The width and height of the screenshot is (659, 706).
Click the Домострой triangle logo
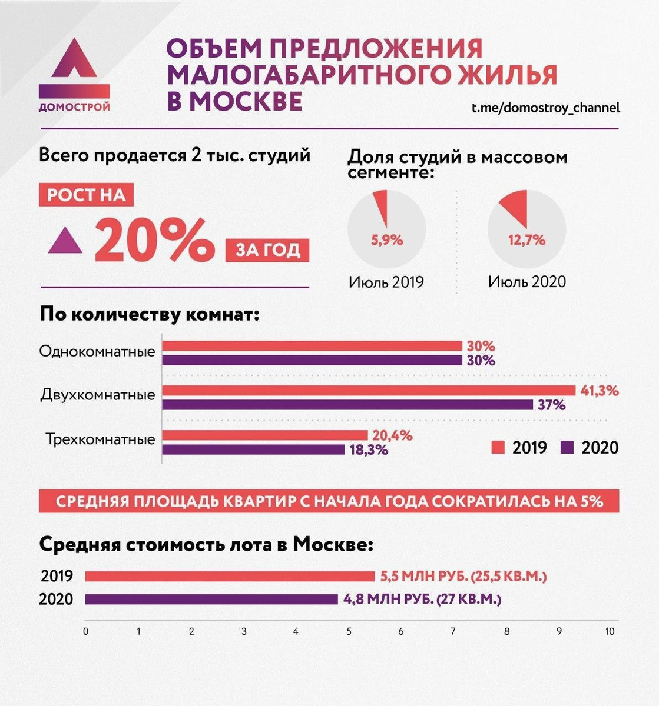(74, 60)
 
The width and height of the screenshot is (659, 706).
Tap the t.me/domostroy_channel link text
(545, 108)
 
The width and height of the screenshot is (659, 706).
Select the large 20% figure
(155, 240)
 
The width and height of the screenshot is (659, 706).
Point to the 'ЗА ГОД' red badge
(267, 250)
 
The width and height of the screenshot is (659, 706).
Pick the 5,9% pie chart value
(386, 240)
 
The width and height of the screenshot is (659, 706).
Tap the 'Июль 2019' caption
(386, 282)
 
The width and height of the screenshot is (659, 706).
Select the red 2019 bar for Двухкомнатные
(369, 390)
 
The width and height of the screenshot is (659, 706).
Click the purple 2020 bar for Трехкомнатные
(254, 449)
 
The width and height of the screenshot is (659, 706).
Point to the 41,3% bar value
(600, 390)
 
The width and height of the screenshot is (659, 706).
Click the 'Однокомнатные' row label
(97, 352)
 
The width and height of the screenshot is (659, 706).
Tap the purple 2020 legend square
(568, 448)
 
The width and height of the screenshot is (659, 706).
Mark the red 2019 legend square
(498, 448)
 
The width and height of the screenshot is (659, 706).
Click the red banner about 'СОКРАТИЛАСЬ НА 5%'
(329, 501)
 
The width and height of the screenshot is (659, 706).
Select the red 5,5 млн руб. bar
(230, 576)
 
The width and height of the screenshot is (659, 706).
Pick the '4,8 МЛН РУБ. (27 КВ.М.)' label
(422, 600)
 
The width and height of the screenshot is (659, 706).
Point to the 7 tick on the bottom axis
(453, 632)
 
